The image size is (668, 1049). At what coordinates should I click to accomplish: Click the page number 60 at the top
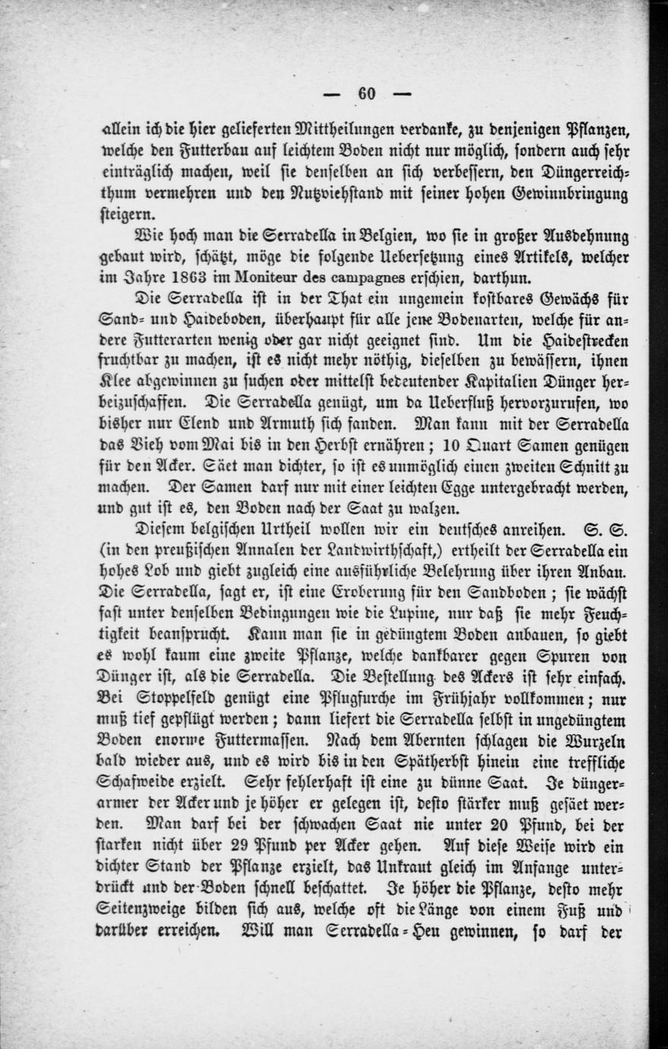click(366, 93)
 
